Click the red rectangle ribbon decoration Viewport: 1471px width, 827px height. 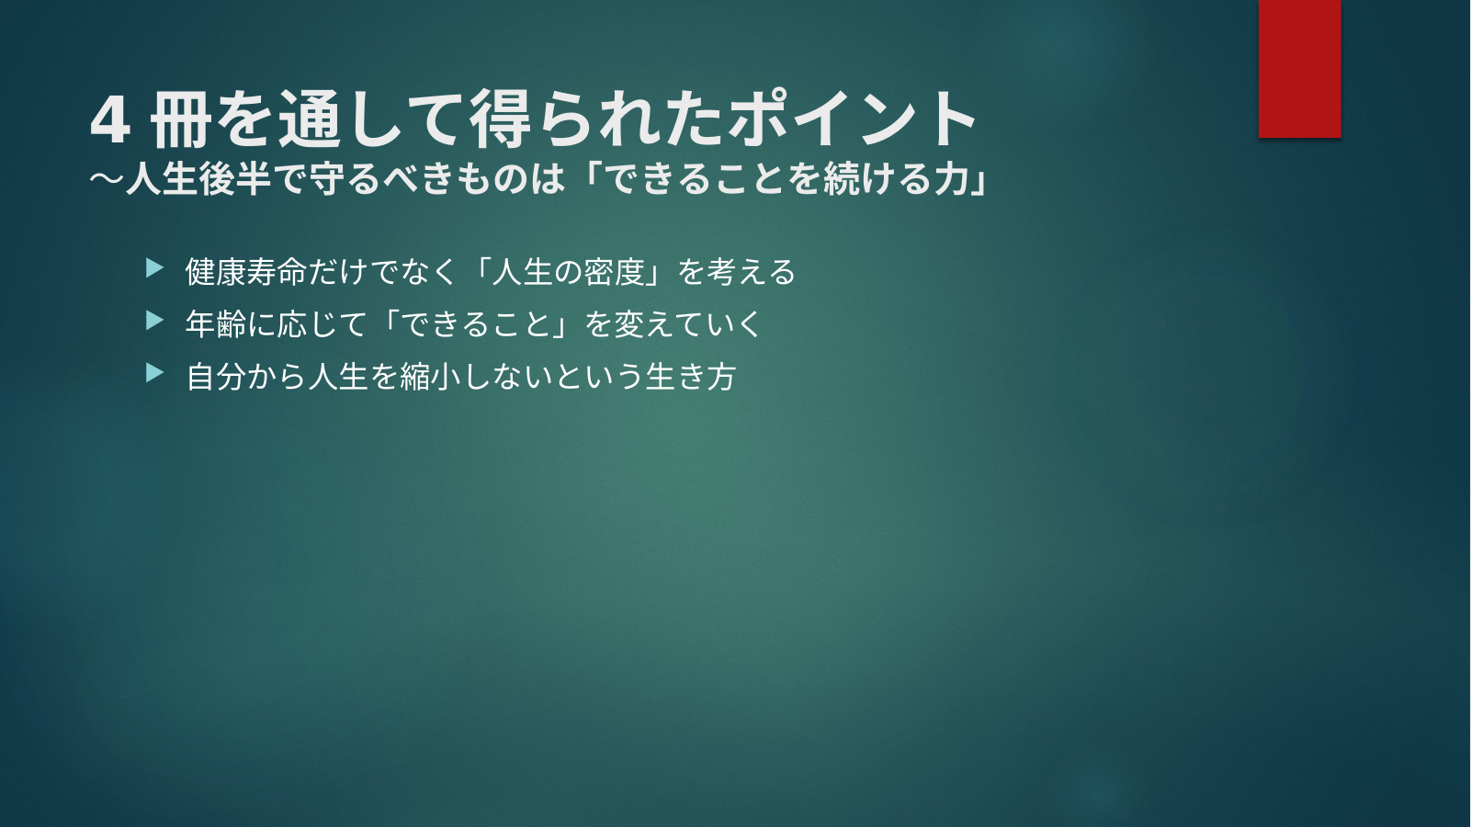coord(1299,68)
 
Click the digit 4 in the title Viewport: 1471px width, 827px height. coord(109,121)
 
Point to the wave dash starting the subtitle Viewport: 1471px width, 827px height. coord(107,178)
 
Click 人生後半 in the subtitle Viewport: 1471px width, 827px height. coord(197,178)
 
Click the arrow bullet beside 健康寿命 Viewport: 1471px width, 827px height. coord(154,268)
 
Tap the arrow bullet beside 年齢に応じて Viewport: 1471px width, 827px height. coord(154,321)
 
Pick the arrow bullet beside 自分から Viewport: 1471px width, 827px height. coord(154,373)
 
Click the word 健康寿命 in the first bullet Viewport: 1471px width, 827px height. coord(245,272)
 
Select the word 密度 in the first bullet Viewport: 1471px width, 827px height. coord(614,272)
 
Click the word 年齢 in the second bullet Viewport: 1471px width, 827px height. coord(215,323)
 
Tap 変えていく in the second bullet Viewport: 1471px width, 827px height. coord(687,323)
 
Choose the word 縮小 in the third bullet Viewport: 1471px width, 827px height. coord(429,377)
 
